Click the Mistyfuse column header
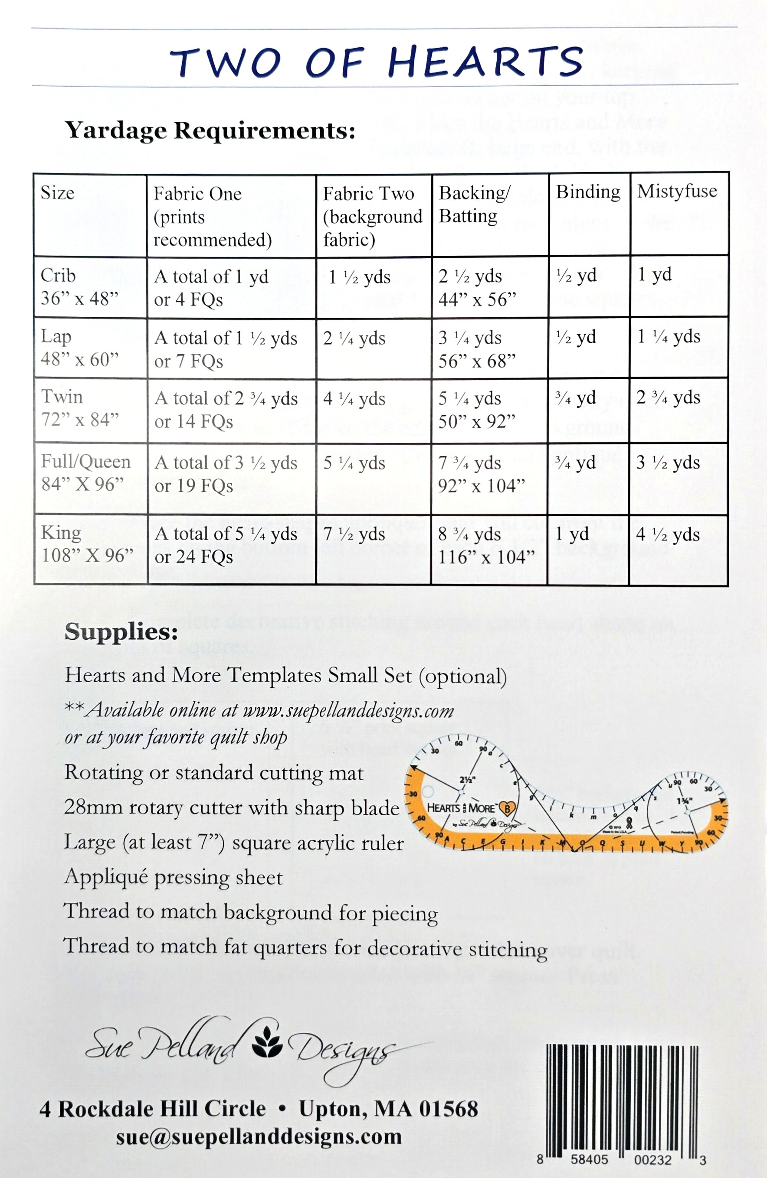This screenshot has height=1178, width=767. click(677, 191)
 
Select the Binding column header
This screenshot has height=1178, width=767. click(588, 192)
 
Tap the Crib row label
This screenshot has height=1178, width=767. click(58, 275)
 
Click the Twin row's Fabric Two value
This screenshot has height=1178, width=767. click(354, 398)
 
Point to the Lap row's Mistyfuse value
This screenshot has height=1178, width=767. click(669, 337)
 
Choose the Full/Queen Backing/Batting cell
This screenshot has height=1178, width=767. click(481, 474)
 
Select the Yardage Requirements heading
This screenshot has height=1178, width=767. click(210, 130)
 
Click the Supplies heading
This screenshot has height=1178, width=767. click(121, 631)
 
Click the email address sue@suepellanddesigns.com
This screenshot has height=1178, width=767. click(259, 1136)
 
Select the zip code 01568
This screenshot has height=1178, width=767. click(449, 1109)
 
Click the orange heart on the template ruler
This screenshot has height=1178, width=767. click(508, 809)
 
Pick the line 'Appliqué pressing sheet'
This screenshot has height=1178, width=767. click(174, 877)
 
